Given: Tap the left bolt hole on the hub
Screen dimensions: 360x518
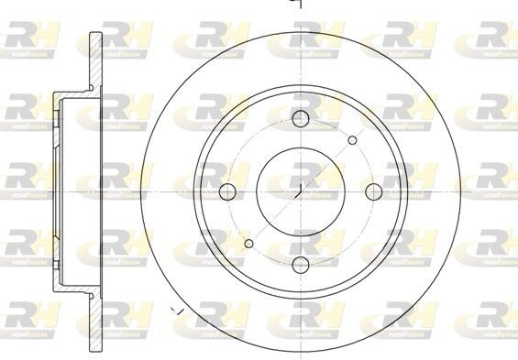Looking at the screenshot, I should click(x=227, y=191).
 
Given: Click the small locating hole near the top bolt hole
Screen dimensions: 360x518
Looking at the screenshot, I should click(x=354, y=139).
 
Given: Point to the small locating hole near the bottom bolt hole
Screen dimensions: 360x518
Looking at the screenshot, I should click(x=248, y=244).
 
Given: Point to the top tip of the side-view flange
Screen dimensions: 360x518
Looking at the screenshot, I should click(x=94, y=33).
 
